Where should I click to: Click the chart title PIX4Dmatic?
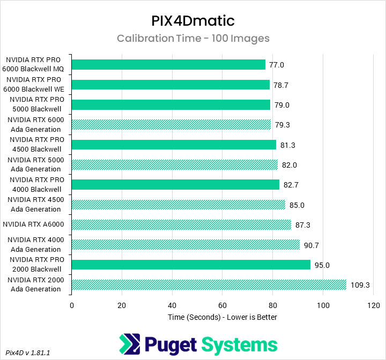(x=193, y=21)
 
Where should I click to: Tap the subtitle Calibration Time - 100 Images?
(x=193, y=39)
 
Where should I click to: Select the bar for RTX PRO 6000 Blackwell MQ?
(x=168, y=65)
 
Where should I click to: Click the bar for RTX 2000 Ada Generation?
(x=209, y=284)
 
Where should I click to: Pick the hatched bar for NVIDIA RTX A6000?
(x=181, y=224)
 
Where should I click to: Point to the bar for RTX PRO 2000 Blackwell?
(x=190, y=265)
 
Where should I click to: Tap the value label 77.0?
(x=276, y=65)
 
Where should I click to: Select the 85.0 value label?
(x=296, y=205)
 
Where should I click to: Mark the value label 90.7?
(x=310, y=245)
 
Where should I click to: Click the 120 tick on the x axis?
(x=373, y=305)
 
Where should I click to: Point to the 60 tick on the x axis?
(x=222, y=305)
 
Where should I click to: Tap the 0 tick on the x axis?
(x=72, y=305)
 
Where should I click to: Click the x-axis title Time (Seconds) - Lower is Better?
(x=222, y=317)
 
